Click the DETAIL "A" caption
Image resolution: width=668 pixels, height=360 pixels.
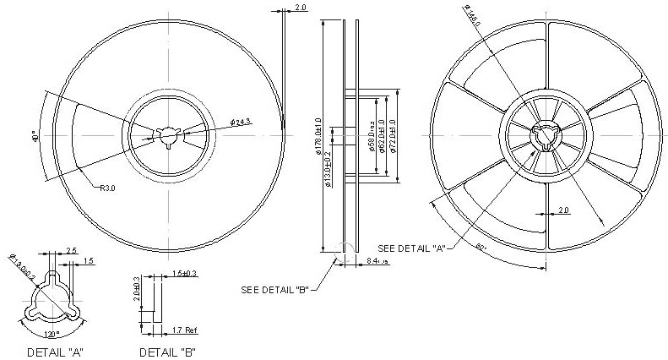[55, 351]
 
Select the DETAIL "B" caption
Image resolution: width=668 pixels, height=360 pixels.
[168, 351]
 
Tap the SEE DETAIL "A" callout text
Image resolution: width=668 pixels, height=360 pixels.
[411, 248]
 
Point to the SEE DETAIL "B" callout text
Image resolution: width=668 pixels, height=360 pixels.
[274, 290]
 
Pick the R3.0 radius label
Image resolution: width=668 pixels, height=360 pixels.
[107, 188]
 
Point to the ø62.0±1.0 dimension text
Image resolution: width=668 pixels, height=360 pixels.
[382, 137]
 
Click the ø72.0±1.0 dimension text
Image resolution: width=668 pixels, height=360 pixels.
[393, 137]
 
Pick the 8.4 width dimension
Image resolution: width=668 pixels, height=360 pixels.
[377, 262]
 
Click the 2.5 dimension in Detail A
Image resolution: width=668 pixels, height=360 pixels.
[72, 251]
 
